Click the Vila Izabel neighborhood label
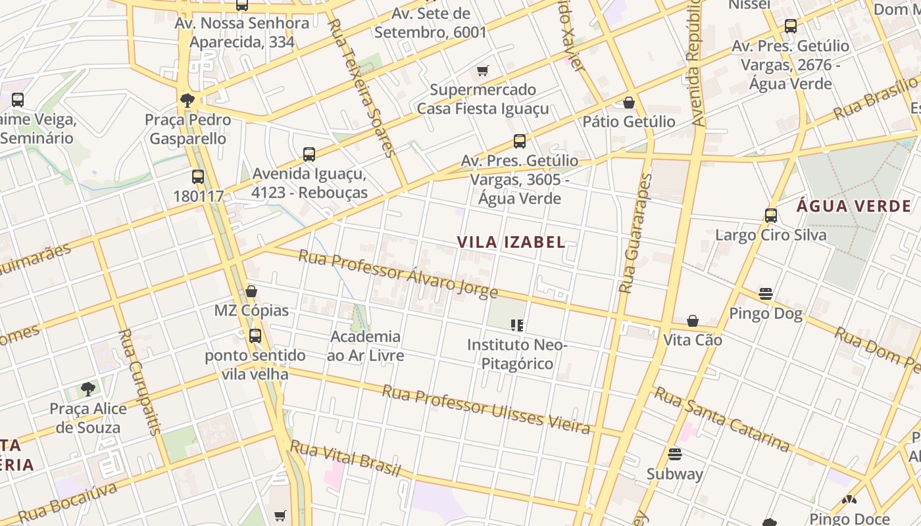[511, 242]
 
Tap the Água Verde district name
[854, 206]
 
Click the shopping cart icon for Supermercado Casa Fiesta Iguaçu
[483, 70]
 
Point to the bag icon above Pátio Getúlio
[629, 103]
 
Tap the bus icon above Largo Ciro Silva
[771, 215]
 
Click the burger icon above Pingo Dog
[766, 293]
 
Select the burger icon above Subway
[674, 454]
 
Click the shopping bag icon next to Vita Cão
[693, 321]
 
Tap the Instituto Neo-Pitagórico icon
[517, 325]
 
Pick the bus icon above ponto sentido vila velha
[255, 336]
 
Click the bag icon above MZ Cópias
[251, 291]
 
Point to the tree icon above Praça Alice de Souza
[88, 389]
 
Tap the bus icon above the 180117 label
[198, 177]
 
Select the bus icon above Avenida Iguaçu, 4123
[309, 155]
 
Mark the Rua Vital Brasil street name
[345, 458]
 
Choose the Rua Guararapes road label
[635, 233]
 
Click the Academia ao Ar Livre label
[365, 346]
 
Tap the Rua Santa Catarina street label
[722, 419]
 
